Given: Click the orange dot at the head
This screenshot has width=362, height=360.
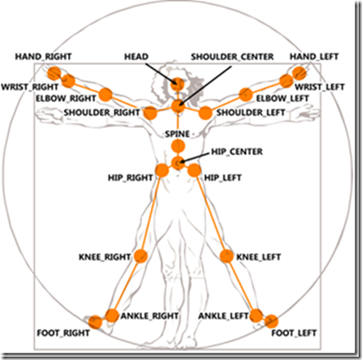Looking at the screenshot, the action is coord(178,84).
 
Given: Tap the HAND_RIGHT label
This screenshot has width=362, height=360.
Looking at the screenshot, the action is coord(43,57).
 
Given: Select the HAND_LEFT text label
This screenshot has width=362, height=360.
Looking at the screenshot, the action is coord(314,57).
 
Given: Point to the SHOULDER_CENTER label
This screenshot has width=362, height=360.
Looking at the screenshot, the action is coord(232,57).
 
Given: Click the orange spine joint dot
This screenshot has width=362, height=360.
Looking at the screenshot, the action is coord(178,146).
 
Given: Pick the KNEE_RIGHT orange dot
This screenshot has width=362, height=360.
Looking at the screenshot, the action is coord(140,256).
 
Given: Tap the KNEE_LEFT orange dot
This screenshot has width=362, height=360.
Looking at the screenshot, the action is coord(226,256).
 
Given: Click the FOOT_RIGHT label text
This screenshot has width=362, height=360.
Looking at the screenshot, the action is coord(63,333).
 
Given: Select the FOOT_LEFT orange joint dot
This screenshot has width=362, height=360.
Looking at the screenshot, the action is coord(271,321).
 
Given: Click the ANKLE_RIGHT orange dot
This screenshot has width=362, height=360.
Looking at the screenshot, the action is coord(112,315).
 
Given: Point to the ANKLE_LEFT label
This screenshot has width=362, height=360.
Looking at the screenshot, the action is coord(223,316).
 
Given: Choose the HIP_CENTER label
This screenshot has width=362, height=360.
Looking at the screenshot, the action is coord(237,152).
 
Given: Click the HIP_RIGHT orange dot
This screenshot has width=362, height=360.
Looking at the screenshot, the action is coord(162,170).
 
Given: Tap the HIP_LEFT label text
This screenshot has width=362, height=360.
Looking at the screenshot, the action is coord(222,178).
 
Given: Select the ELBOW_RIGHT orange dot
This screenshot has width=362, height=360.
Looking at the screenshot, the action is coord(106,95).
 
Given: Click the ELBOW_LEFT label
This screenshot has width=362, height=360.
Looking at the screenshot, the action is coord(282,98).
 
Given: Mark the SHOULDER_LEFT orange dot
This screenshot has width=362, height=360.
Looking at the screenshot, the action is coord(205,113).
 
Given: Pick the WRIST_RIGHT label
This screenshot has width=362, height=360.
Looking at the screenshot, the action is coord(30,87).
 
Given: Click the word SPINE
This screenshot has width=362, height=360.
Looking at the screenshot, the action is coord(178,134).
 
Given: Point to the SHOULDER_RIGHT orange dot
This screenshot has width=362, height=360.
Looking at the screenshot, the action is coord(150,113).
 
